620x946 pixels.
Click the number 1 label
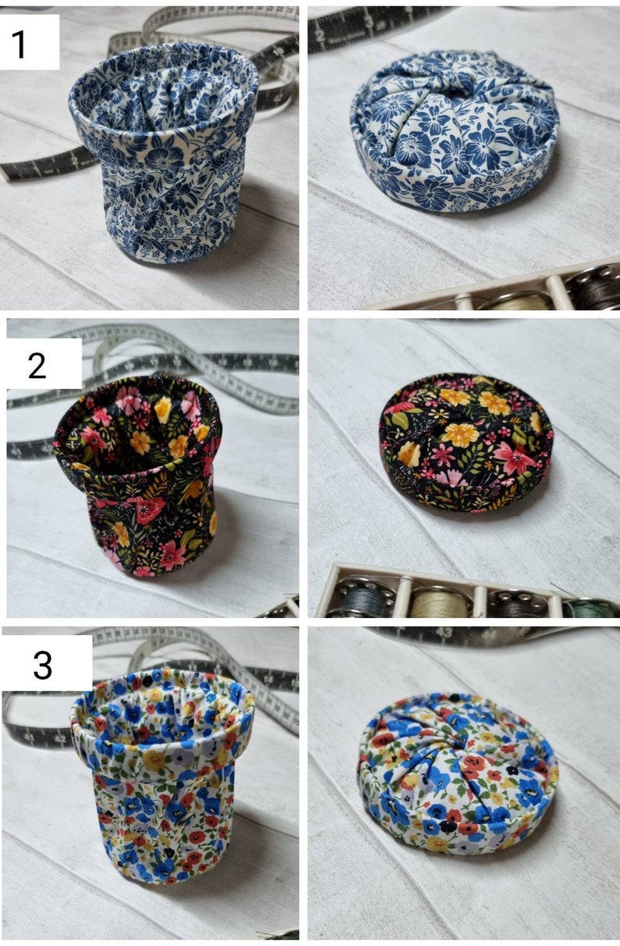click(20, 44)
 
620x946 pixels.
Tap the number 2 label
click(37, 365)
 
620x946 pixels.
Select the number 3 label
click(43, 665)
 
